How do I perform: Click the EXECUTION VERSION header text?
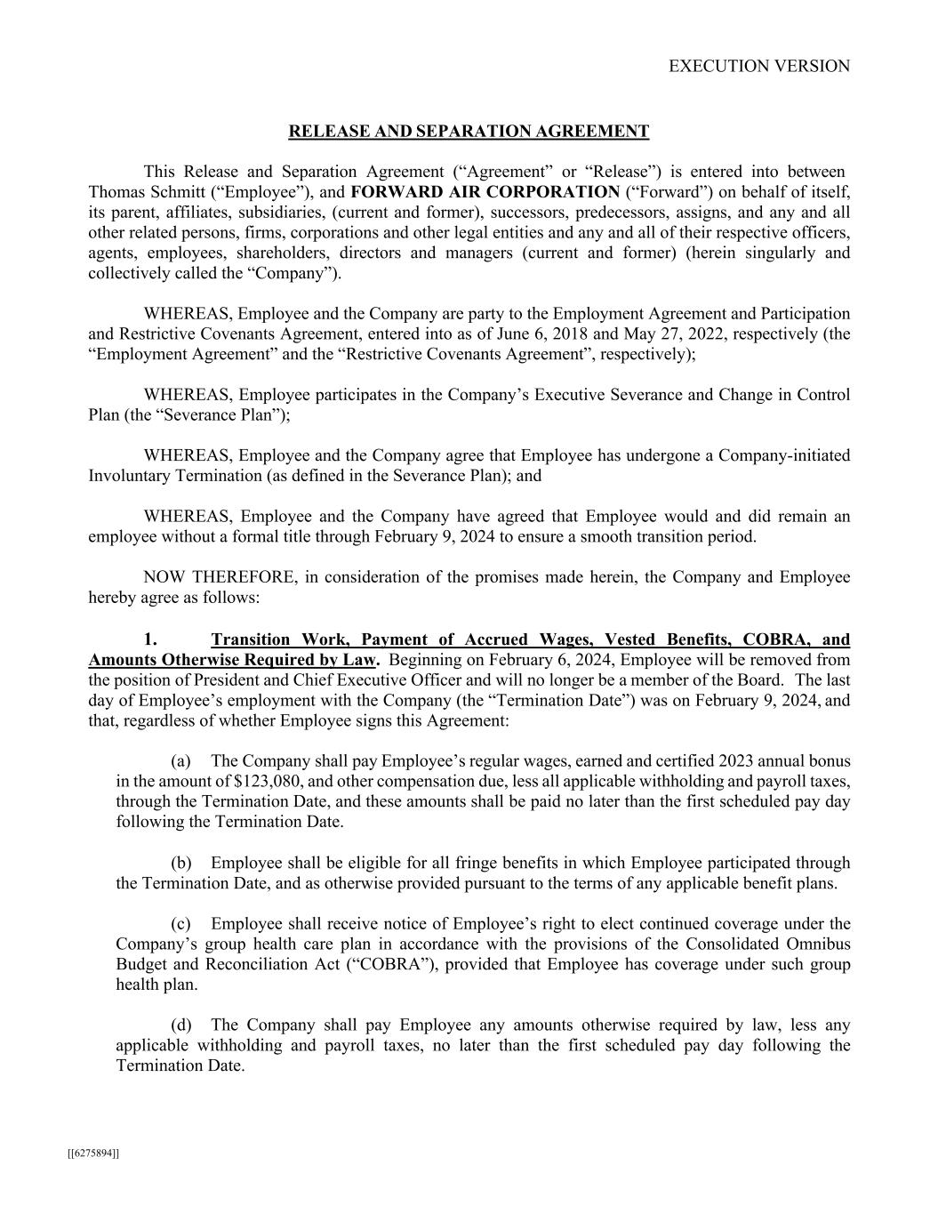point(758,66)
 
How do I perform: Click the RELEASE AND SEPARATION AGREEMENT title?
point(469,132)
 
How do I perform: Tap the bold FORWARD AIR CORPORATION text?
point(485,191)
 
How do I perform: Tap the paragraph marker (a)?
point(180,760)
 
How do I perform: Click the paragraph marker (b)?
point(180,863)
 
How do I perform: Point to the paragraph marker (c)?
point(180,924)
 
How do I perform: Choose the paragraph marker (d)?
point(180,1025)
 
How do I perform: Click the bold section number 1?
point(150,639)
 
